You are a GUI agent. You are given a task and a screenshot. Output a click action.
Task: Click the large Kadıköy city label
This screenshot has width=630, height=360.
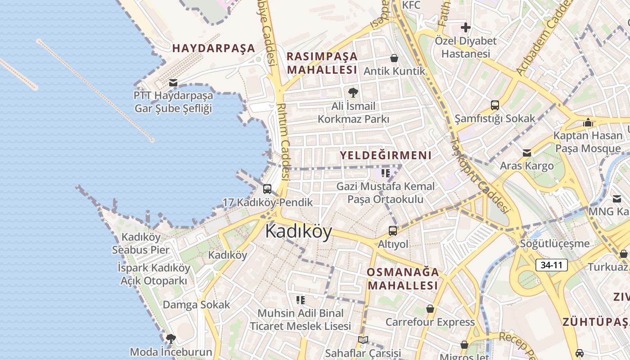point(298,231)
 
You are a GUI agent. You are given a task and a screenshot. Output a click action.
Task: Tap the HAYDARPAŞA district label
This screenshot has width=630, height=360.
point(214,48)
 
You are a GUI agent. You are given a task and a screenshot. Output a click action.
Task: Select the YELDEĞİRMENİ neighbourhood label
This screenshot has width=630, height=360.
point(386,156)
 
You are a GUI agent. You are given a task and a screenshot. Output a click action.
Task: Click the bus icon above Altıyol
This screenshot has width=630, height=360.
point(393,231)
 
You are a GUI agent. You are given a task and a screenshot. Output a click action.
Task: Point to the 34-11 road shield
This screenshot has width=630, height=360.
point(551,265)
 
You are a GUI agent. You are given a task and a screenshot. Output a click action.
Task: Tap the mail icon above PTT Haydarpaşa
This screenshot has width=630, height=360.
point(173,83)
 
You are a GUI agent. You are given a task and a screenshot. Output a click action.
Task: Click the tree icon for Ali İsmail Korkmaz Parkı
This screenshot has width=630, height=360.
point(353,93)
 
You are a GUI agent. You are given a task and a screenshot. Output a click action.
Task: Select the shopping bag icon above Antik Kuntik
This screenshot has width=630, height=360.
point(394,58)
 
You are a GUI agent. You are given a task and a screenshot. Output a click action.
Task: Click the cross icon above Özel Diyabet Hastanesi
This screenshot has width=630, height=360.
point(465,27)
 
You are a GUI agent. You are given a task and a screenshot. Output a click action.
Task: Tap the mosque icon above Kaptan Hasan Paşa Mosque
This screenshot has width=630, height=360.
point(588,122)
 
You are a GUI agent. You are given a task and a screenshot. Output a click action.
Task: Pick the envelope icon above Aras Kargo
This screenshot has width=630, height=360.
point(527,153)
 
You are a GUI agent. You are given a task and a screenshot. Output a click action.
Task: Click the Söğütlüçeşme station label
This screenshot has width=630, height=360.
point(554,244)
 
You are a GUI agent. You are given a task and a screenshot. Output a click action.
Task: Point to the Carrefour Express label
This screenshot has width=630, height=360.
point(430,322)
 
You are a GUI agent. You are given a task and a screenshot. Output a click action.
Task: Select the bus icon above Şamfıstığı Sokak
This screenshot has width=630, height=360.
point(495,105)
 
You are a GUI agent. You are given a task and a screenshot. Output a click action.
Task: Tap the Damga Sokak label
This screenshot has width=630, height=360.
point(196,305)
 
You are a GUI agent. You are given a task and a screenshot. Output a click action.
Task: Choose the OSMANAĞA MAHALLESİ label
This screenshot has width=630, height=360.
point(402,279)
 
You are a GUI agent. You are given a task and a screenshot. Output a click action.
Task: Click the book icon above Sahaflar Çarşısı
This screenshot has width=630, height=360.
point(363,340)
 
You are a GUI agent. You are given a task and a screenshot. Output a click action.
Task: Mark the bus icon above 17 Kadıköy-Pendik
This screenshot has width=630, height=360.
point(267,189)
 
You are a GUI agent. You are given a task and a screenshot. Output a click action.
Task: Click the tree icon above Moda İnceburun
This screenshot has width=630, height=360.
point(171,338)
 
